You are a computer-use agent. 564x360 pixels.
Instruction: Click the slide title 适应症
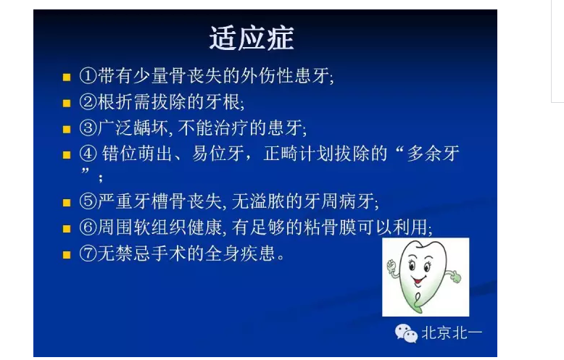[x=252, y=38]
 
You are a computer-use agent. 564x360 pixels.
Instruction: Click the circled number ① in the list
[x=87, y=75]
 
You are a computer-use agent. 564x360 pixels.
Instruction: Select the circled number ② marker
[x=87, y=101]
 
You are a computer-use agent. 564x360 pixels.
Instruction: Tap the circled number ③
[x=87, y=128]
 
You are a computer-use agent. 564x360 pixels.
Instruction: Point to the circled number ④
[x=87, y=155]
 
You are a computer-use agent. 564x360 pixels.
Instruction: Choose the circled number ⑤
[x=87, y=201]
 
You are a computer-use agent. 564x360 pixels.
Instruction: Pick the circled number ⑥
[x=87, y=227]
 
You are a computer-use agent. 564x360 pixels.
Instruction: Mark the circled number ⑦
[x=87, y=254]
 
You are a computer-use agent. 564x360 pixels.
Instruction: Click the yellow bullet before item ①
[x=66, y=76]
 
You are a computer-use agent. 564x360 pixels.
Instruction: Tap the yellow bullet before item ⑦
[x=66, y=255]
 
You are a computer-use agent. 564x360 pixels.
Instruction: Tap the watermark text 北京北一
[x=452, y=333]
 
